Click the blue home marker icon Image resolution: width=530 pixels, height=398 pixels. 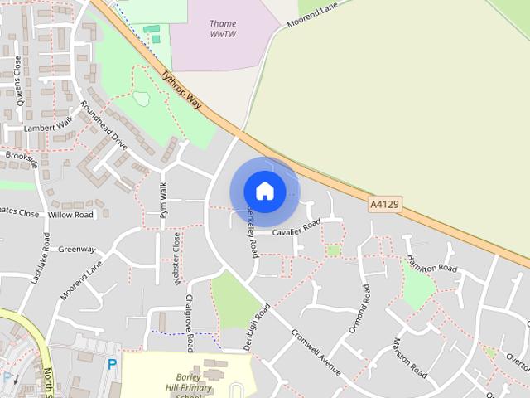tap(264, 191)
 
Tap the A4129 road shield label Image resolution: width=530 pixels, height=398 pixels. tap(384, 202)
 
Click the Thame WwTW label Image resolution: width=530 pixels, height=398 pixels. tap(222, 29)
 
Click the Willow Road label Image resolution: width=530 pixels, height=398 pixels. tap(71, 215)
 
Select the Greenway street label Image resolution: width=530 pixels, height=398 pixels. tap(77, 250)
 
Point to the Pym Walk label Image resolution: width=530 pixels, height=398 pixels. tap(163, 200)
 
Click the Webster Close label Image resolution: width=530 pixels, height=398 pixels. tap(176, 259)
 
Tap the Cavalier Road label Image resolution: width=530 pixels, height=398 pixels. tap(296, 227)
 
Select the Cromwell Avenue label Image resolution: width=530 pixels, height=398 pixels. tap(316, 353)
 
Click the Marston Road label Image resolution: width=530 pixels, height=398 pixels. tap(410, 358)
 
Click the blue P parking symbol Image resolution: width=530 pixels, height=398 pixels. tap(113, 363)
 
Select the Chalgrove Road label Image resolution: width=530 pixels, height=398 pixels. tap(189, 323)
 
